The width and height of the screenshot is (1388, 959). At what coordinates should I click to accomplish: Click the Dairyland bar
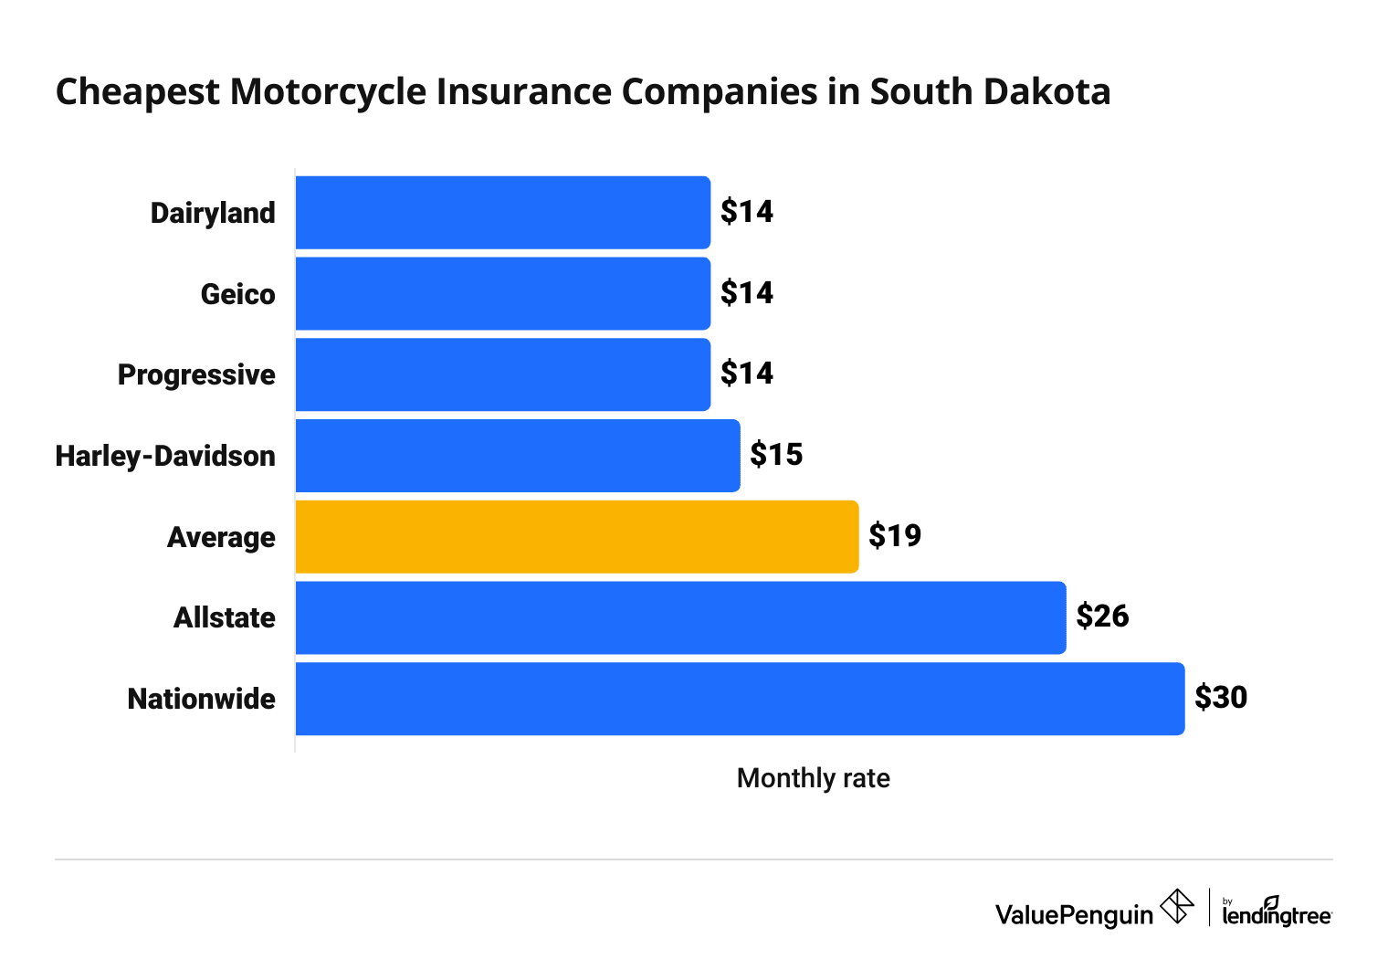coord(502,212)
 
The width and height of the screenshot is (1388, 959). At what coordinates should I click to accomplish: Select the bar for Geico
coord(502,293)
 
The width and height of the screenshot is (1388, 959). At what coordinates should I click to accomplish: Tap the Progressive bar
coord(502,374)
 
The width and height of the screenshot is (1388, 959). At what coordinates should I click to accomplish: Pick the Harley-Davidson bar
coord(517,455)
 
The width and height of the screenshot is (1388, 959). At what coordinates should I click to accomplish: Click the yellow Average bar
coord(576,536)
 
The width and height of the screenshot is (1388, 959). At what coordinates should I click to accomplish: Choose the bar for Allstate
coord(680,617)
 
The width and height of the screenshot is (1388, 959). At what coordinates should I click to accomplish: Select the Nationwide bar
coord(740,699)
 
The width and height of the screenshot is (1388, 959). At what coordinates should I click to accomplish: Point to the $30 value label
coord(1221,698)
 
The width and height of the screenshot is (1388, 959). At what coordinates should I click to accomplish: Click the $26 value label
coord(1102,616)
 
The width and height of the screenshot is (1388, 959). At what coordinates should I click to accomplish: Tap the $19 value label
coord(895,535)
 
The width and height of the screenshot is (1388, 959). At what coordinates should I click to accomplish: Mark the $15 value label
coord(776,454)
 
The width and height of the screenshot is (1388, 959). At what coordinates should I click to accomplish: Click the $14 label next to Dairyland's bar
coord(747,212)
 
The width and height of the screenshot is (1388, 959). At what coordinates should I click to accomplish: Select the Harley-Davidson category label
coord(165,456)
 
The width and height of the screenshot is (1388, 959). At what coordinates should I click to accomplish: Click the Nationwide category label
coord(202,699)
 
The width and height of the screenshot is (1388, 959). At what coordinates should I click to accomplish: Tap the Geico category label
coord(238,294)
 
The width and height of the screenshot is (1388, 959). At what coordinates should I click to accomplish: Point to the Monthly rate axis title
coord(813,778)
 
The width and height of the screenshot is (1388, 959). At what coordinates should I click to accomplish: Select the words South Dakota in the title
coord(990,92)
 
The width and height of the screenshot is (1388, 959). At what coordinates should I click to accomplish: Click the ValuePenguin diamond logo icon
coord(1177,907)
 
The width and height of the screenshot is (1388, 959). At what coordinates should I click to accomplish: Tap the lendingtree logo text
coord(1276,914)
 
